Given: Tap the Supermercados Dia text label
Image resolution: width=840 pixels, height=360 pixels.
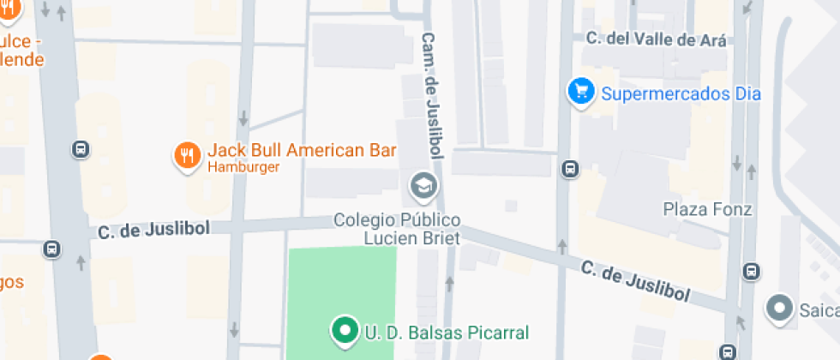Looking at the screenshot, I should [x=681, y=93].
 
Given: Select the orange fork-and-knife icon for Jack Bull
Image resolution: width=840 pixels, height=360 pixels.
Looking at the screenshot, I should [x=187, y=155].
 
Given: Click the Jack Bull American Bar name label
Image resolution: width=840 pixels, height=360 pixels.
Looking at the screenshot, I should [x=302, y=151].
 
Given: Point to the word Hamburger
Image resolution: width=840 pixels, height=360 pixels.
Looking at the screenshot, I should [x=243, y=167].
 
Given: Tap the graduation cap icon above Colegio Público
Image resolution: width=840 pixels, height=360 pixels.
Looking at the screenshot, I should [x=423, y=184].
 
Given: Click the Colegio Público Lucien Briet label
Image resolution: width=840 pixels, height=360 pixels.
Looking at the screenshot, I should [x=398, y=229].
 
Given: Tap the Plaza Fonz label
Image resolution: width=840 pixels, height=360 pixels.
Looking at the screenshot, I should [x=707, y=209].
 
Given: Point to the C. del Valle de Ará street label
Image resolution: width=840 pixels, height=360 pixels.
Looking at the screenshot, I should [x=656, y=39].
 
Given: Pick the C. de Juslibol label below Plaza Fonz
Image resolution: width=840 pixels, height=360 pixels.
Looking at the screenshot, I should [x=635, y=280].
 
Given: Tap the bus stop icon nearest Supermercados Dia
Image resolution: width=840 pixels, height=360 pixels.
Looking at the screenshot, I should [x=569, y=169].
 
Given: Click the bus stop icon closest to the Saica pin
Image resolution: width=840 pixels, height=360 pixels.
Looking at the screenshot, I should [x=752, y=271].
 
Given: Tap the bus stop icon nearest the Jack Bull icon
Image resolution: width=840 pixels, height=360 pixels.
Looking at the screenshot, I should [x=81, y=149].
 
